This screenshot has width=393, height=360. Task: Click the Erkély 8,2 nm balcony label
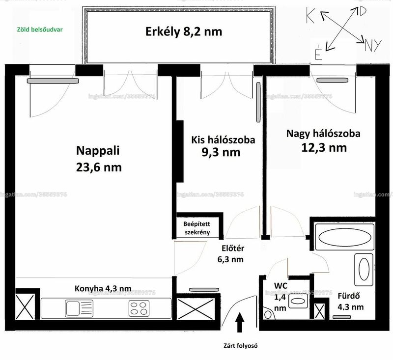click(184, 32)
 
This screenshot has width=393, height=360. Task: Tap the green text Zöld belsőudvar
click(40, 29)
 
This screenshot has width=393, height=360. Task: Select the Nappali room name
click(98, 151)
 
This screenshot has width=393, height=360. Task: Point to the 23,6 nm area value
click(99, 167)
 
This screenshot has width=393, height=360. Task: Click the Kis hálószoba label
click(223, 140)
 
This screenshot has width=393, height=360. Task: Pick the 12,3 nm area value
click(324, 148)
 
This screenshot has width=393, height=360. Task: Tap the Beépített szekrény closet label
click(197, 228)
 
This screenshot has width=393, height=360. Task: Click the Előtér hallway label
click(233, 248)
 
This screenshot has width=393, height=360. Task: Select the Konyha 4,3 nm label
click(103, 288)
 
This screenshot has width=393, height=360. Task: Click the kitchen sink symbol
click(79, 308)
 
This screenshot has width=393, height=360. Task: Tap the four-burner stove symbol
click(139, 308)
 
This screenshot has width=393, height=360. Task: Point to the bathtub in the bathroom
click(345, 237)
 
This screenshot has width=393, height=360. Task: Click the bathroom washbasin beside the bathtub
click(364, 270)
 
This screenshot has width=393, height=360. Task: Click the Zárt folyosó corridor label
click(240, 346)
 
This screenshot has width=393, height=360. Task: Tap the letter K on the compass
click(310, 15)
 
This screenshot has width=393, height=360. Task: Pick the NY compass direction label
click(373, 46)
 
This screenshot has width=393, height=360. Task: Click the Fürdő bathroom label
click(349, 296)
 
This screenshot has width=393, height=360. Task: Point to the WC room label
click(281, 286)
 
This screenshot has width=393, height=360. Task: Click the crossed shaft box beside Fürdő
click(319, 311)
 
